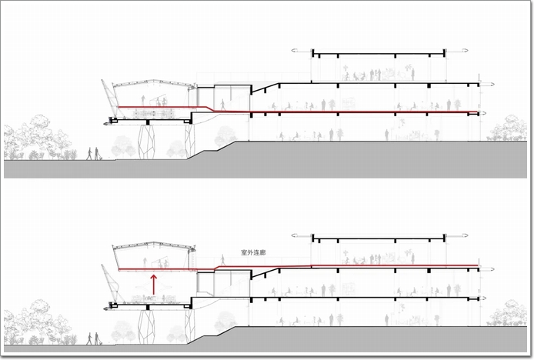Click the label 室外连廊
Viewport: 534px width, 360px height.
[253, 253]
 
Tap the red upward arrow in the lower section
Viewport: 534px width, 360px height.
[154, 285]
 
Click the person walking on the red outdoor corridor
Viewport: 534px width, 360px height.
[223, 260]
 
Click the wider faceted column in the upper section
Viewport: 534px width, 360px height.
[146, 142]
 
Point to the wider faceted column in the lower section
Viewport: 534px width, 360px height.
[146, 327]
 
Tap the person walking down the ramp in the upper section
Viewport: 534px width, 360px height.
[223, 105]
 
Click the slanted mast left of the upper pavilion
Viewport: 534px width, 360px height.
[110, 98]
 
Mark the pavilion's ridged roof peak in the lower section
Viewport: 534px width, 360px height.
[153, 244]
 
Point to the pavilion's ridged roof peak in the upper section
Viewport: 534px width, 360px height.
[153, 81]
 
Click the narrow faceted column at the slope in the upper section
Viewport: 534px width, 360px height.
[189, 142]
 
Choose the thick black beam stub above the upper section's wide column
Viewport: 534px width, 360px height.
[148, 122]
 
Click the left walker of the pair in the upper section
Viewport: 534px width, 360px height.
[89, 154]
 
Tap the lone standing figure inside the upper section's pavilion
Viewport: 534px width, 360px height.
[143, 101]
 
